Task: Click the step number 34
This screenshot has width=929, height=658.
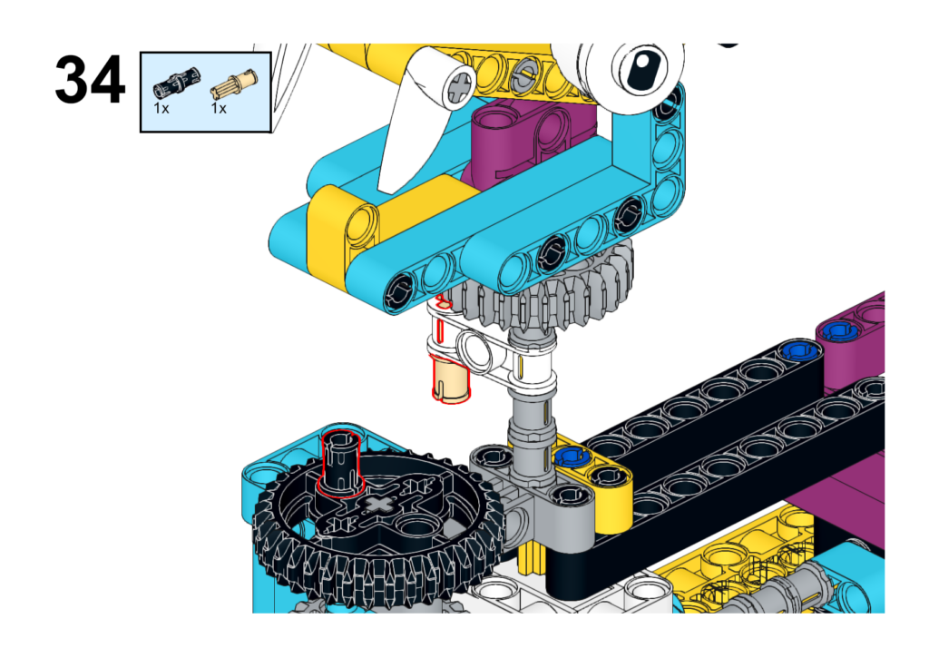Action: (90, 80)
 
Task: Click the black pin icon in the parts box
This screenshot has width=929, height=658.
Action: (177, 83)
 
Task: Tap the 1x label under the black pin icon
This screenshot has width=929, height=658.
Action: (161, 109)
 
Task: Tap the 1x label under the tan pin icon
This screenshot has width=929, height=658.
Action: (219, 109)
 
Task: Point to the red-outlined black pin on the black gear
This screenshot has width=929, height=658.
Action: (341, 462)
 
